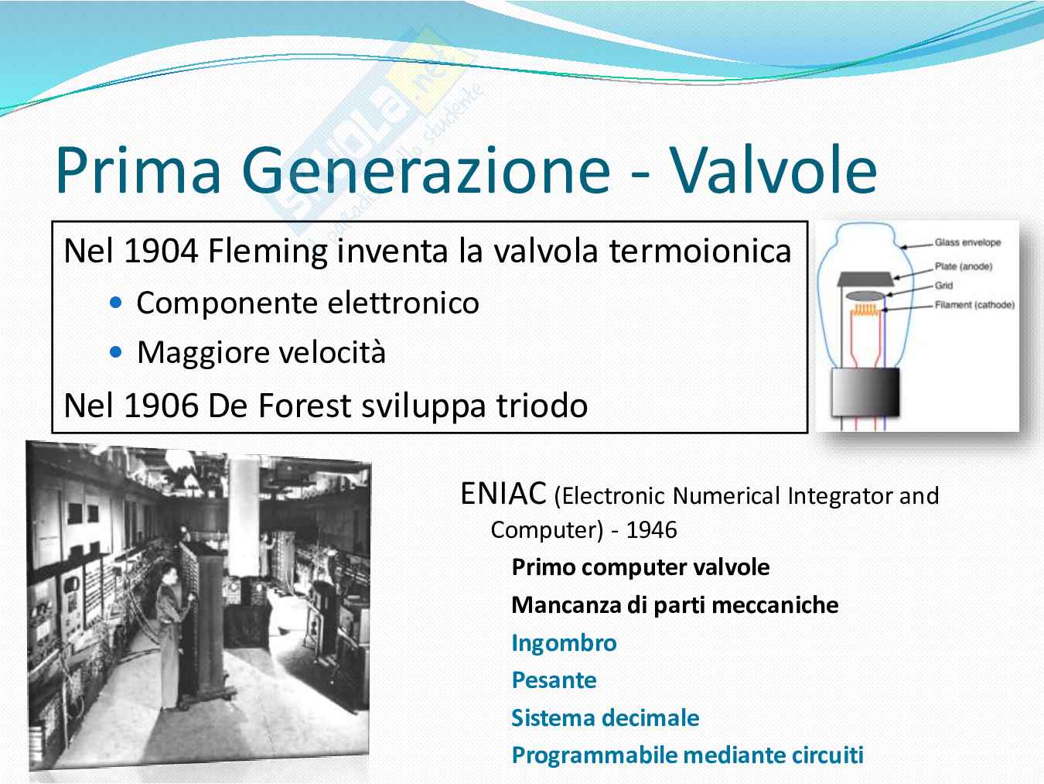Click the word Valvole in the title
click(773, 170)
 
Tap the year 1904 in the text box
click(161, 251)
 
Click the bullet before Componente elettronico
click(115, 303)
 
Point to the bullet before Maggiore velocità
click(115, 352)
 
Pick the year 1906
click(161, 406)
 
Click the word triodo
click(542, 406)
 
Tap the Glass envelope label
click(967, 242)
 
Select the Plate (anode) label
click(963, 266)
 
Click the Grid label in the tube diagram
click(943, 285)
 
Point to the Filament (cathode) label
click(974, 305)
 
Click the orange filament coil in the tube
click(865, 310)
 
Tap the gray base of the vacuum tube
click(865, 392)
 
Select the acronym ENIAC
click(503, 494)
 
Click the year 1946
click(651, 530)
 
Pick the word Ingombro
click(564, 643)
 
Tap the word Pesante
click(554, 680)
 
